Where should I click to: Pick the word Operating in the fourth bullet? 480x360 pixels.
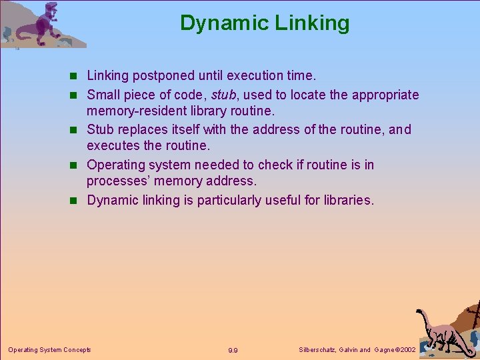[117, 164]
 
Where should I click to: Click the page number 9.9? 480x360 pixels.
[233, 350]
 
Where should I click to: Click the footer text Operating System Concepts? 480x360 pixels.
[49, 349]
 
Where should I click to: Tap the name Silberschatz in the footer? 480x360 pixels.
[318, 350]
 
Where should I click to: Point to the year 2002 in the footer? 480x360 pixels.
[407, 350]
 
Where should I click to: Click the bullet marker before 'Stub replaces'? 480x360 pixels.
[78, 130]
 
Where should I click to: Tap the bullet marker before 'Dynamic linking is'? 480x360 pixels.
[78, 200]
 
